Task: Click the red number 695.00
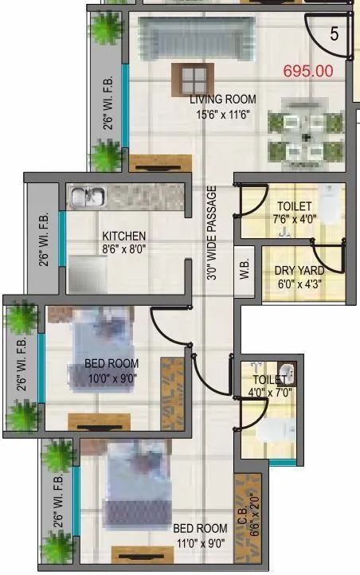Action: coord(307,71)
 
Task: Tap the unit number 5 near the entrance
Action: coord(335,34)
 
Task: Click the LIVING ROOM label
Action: coord(223,100)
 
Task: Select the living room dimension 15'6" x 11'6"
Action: coord(223,114)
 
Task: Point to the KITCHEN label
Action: coord(124,236)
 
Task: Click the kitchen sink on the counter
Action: coord(83,196)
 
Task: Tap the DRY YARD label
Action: coord(295,271)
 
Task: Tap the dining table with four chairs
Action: coord(306,134)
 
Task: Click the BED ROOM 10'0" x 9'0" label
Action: coord(112,371)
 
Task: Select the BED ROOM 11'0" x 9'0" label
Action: coord(200,534)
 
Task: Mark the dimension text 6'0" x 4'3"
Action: coord(295,284)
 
